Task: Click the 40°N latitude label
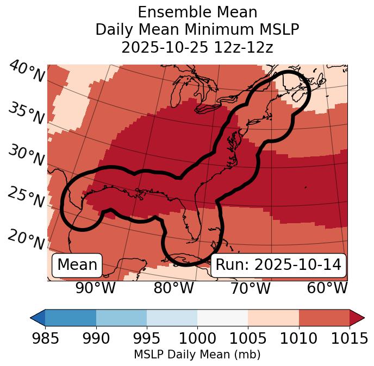pyautogui.click(x=26, y=72)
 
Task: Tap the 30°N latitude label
pyautogui.click(x=26, y=155)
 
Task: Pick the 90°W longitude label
pyautogui.click(x=96, y=288)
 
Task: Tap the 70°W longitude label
pyautogui.click(x=250, y=288)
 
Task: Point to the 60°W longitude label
pyautogui.click(x=327, y=288)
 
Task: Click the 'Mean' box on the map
pyautogui.click(x=77, y=265)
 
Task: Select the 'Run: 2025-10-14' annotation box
pyautogui.click(x=278, y=265)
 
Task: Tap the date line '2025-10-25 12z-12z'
pyautogui.click(x=197, y=47)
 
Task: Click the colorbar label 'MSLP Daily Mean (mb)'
pyautogui.click(x=197, y=355)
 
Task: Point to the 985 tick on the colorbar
pyautogui.click(x=46, y=338)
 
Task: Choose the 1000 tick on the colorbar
pyautogui.click(x=197, y=338)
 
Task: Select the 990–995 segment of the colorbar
pyautogui.click(x=121, y=317)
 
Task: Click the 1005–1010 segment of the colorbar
pyautogui.click(x=273, y=317)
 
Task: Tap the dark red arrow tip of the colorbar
pyautogui.click(x=357, y=317)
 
